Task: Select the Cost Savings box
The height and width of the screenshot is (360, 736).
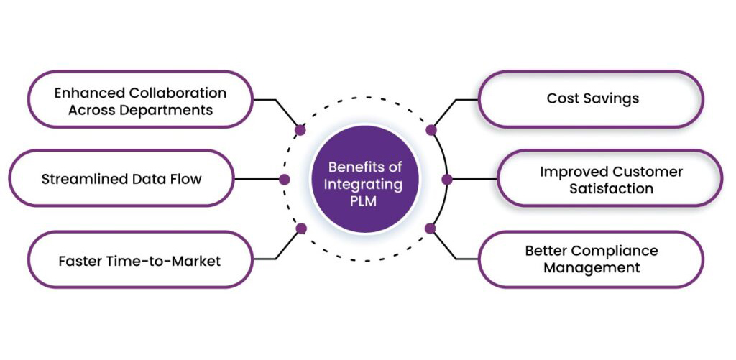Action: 590,99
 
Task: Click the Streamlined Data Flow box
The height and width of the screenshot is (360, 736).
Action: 121,178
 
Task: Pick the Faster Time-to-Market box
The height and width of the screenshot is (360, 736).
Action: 139,260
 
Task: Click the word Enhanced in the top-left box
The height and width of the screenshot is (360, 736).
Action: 90,93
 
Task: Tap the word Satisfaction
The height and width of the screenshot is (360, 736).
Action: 611,189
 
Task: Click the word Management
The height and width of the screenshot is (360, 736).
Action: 591,268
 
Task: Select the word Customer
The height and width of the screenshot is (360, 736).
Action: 648,172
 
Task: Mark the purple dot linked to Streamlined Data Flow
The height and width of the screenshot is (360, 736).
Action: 285,179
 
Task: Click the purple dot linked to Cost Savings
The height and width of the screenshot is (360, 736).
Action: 431,130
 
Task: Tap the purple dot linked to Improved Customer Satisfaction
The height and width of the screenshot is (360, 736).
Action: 446,179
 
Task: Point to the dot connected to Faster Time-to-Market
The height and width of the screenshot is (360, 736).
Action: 301,229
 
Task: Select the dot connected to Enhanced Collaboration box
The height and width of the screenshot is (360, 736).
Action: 300,130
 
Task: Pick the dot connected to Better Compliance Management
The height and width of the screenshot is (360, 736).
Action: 431,229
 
